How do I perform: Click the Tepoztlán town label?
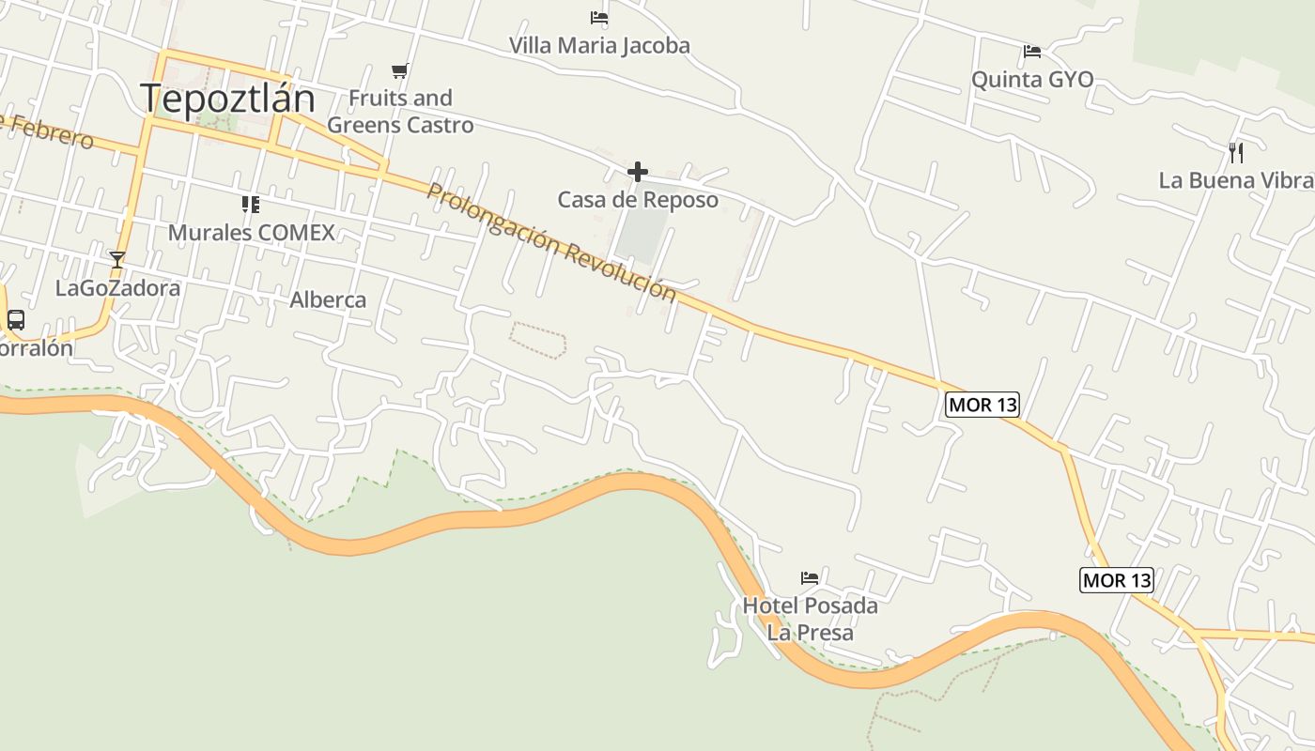[x=227, y=99]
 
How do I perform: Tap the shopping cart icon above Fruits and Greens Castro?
[x=400, y=70]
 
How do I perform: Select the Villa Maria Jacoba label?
[x=599, y=45]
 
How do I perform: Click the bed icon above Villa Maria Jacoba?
[x=599, y=17]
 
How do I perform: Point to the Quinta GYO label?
[x=1032, y=80]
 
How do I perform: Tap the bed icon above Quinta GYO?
[x=1032, y=51]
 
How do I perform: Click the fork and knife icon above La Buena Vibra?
[x=1236, y=151]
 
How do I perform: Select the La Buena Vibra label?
[x=1234, y=180]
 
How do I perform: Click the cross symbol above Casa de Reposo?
[x=638, y=172]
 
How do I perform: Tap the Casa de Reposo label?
[x=638, y=200]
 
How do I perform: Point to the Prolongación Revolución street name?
[x=551, y=242]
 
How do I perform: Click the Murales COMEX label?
[x=251, y=232]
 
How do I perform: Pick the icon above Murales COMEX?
[x=250, y=204]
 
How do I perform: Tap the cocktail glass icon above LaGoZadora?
[x=117, y=260]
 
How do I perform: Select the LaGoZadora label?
[x=117, y=288]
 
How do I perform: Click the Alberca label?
[x=328, y=300]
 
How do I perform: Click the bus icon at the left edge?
[x=16, y=319]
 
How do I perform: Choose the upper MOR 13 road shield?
[x=982, y=405]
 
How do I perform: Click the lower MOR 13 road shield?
[x=1117, y=580]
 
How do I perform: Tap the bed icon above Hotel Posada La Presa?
[x=810, y=577]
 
